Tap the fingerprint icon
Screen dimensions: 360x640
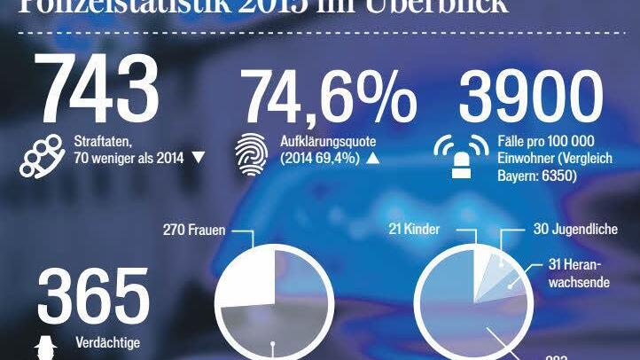[249, 151]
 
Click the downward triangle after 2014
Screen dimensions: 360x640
[198, 159]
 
